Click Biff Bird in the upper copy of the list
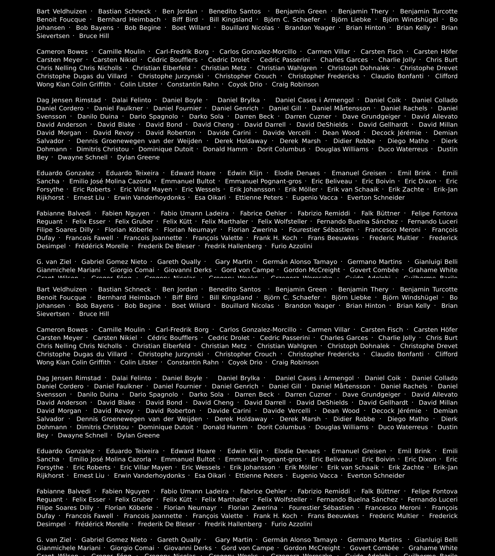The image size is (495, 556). pos(185,20)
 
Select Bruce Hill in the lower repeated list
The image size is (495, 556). pos(94,314)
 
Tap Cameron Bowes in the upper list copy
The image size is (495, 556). pos(62,52)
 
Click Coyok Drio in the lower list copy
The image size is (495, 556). pos(245,362)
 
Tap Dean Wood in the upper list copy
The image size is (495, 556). pos(341,133)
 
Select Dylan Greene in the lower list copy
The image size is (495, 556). pos(138,435)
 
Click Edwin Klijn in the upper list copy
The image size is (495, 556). pos(245,173)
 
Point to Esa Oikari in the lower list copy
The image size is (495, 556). pos(210,475)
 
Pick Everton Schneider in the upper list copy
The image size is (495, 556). pos(376,197)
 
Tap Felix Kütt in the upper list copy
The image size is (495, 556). pos(177,221)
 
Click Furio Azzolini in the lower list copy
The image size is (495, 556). pos(292,524)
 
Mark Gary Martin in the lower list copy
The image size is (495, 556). pos(234,540)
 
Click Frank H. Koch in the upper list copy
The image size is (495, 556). pos(275,238)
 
